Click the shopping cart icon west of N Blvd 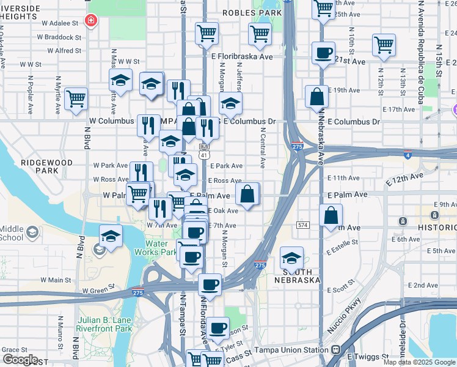click(76, 98)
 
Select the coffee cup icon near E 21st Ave click(323, 53)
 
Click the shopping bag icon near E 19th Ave click(316, 96)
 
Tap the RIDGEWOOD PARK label click(46, 168)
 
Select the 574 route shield click(302, 225)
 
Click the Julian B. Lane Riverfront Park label click(105, 324)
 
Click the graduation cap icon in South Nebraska click(292, 258)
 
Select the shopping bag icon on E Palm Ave click(247, 194)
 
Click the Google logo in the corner click(20, 360)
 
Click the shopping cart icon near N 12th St click(384, 44)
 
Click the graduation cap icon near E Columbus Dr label click(230, 103)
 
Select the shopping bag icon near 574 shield click(331, 215)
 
